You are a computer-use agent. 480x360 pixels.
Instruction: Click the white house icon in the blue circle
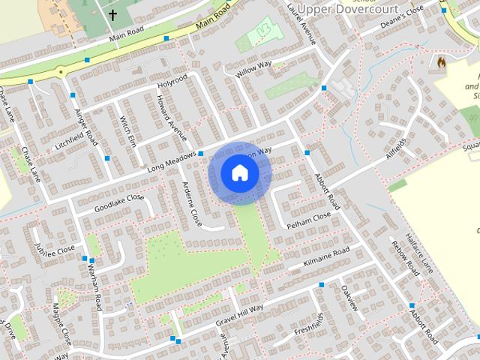(x=239, y=173)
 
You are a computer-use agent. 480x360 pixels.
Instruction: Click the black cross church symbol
(x=113, y=15)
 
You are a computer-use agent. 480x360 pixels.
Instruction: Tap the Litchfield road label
(x=72, y=140)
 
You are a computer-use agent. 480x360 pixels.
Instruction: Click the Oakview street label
(x=350, y=296)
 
